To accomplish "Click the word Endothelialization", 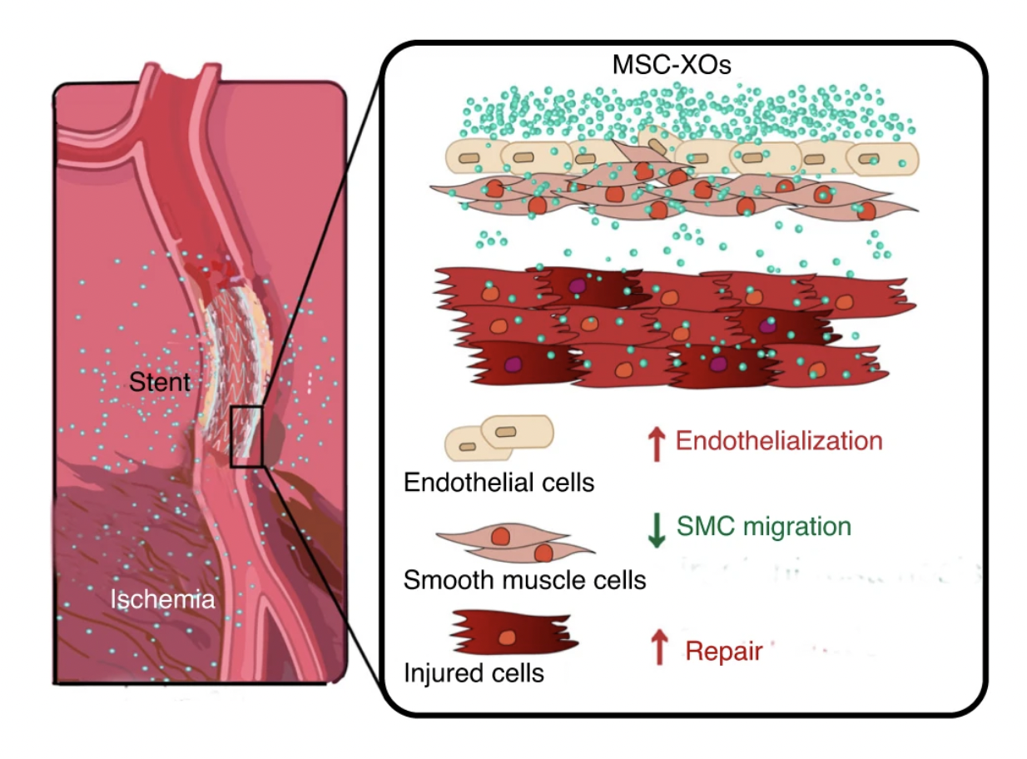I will click(x=778, y=440).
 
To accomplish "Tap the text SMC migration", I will click(x=764, y=526).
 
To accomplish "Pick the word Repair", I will click(x=723, y=652).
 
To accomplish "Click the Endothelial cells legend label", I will click(x=499, y=482).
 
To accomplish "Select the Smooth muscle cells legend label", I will click(x=524, y=579).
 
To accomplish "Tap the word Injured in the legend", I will click(x=435, y=672).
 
